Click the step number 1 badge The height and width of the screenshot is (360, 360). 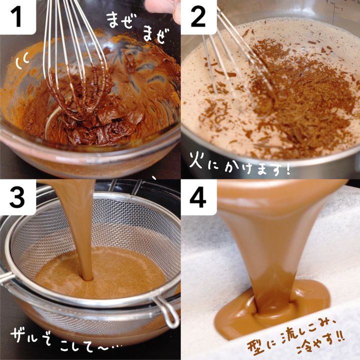click(x=18, y=17)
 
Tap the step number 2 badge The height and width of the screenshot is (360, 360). click(x=198, y=17)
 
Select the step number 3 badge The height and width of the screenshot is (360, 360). click(x=18, y=197)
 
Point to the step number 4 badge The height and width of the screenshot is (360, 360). click(x=198, y=197)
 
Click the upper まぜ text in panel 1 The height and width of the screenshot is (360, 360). click(x=121, y=20)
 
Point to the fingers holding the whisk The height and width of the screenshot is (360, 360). click(x=163, y=9)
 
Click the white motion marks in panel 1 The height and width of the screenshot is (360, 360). click(x=22, y=60)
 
